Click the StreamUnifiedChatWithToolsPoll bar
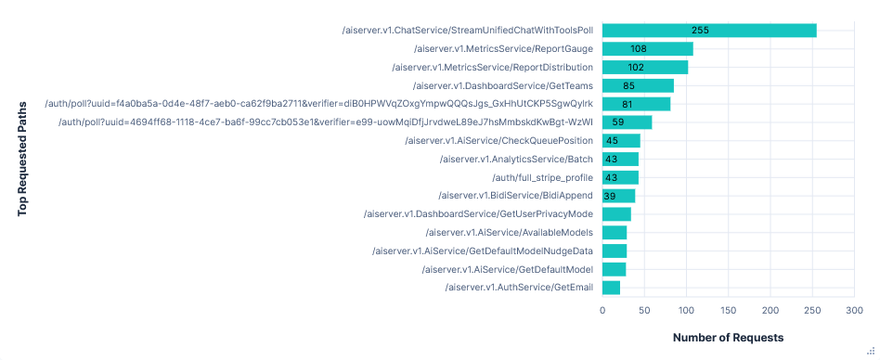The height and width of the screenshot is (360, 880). (709, 31)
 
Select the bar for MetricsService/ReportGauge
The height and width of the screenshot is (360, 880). (647, 49)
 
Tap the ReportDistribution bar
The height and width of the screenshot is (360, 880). (645, 68)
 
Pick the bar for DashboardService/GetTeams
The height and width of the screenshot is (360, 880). (638, 86)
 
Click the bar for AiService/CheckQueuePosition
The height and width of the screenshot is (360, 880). (621, 141)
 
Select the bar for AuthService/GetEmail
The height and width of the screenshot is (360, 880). (611, 288)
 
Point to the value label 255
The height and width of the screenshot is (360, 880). (700, 31)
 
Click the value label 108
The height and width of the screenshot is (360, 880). (639, 49)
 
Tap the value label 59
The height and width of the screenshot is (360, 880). (618, 122)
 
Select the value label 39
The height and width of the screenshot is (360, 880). (610, 196)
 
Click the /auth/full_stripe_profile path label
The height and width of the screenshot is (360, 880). (542, 177)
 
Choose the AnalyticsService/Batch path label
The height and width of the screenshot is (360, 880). (516, 160)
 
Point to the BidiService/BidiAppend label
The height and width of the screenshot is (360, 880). (514, 196)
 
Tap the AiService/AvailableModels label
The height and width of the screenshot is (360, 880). (509, 233)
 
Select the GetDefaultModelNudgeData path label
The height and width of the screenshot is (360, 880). (482, 251)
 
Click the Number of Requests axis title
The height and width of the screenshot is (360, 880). (729, 338)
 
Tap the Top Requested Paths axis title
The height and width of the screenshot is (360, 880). (22, 159)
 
